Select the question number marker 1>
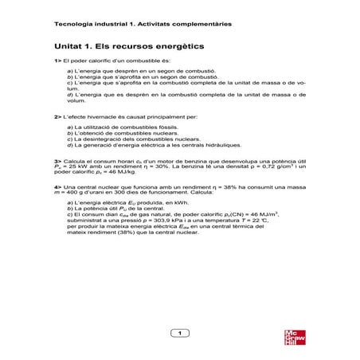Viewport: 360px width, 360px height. click(57, 61)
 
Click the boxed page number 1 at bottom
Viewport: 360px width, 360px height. click(180, 332)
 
